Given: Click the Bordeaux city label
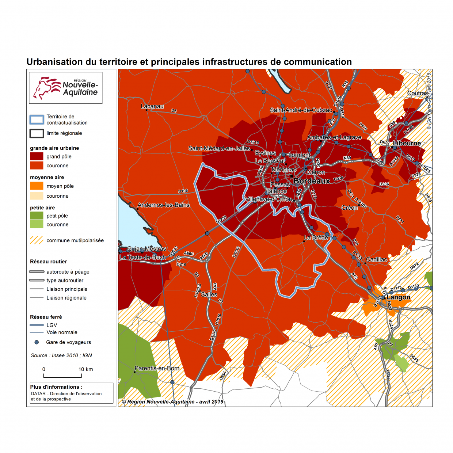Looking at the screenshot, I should (x=312, y=181).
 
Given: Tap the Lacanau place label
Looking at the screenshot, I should (x=152, y=106).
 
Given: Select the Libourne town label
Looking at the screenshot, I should (x=407, y=143).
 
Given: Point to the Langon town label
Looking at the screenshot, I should (x=398, y=297).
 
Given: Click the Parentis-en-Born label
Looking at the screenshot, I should (x=157, y=368).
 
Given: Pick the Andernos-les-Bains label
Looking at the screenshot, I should (x=164, y=205).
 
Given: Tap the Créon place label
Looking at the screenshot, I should (x=350, y=208).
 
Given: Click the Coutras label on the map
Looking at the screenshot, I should (x=417, y=93).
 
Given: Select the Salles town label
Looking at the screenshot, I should (x=209, y=294).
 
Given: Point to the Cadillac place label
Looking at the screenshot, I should (x=377, y=259).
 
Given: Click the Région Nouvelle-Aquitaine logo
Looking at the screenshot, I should (x=66, y=88).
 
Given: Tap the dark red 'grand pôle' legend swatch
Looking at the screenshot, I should (x=37, y=156).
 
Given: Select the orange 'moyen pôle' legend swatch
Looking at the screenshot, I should (x=37, y=186).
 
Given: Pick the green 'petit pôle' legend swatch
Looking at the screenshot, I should (x=37, y=216).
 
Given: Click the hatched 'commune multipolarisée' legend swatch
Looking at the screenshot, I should (x=37, y=240).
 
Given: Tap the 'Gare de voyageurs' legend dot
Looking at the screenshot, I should (x=37, y=342).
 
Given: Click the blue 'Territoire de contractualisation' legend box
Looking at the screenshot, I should (x=37, y=120).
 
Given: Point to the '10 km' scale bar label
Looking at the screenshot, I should (x=85, y=369).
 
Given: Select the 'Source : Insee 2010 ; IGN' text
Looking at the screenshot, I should (x=61, y=355).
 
